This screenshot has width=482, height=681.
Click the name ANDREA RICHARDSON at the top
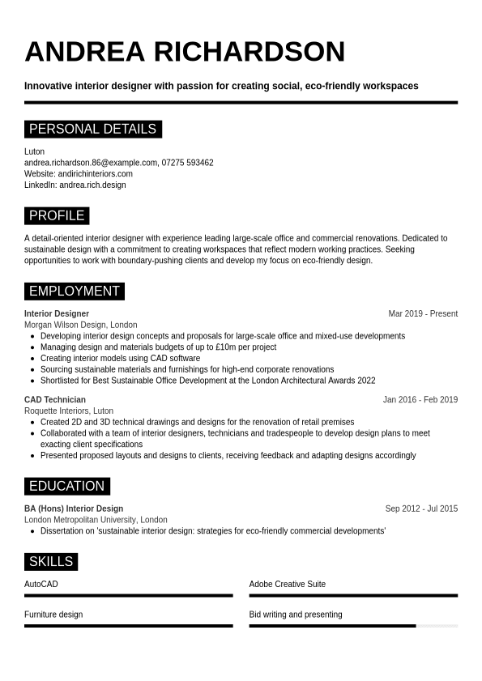point(185,52)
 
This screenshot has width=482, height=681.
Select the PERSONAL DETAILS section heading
point(92,129)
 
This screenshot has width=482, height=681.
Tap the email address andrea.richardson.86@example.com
point(91,163)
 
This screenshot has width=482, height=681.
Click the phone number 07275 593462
point(187,163)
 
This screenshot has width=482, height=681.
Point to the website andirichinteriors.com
point(95,173)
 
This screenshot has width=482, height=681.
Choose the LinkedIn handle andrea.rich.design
point(92,185)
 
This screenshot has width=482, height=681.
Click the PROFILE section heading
point(57,215)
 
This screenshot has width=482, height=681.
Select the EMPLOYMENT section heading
point(74,291)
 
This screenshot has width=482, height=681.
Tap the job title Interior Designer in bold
point(57,313)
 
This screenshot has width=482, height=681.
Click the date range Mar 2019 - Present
point(423,313)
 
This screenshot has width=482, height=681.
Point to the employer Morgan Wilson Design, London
point(81,325)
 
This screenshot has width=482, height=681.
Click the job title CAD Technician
point(55,399)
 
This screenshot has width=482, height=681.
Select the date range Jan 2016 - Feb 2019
point(420,399)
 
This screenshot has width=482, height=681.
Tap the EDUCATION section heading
point(66,486)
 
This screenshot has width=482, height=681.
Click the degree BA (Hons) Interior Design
point(74,509)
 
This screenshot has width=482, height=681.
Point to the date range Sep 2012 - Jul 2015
point(421,509)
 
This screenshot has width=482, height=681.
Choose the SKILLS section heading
point(51,561)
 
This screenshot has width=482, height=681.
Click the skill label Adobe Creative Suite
point(288,584)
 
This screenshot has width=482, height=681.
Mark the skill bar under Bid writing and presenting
point(353,626)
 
